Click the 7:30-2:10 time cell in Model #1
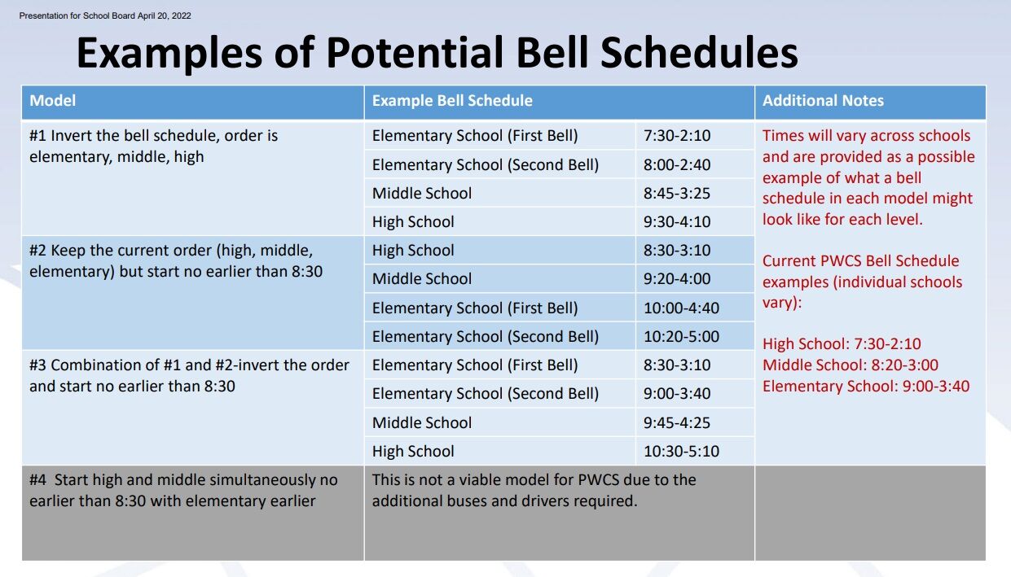[x=677, y=136]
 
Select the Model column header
[x=53, y=101]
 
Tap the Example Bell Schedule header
[x=452, y=101]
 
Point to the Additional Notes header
[x=823, y=101]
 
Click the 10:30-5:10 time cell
[x=681, y=451]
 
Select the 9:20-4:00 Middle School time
[x=677, y=279]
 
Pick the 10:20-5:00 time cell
[x=681, y=337]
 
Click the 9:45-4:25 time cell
[x=677, y=422]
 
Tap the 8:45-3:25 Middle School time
[x=677, y=194]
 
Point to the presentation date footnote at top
[x=105, y=15]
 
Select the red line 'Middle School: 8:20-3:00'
[x=851, y=365]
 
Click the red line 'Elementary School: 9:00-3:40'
[x=866, y=387]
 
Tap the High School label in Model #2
[x=413, y=251]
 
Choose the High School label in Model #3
[x=413, y=451]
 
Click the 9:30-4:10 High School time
[x=677, y=222]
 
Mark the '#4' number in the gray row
[x=38, y=480]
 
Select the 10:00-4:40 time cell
[x=681, y=308]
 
